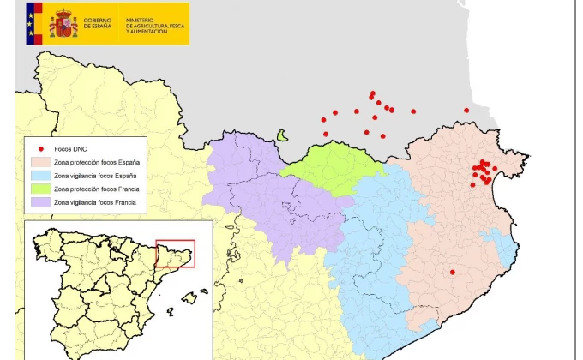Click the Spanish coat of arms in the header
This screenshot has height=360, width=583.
coord(63,23)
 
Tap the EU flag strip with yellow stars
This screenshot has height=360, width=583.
coord(33,23)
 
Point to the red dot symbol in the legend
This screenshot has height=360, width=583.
coord(40,148)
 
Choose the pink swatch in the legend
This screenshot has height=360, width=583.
coord(40,162)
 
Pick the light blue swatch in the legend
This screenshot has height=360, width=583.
coord(40,175)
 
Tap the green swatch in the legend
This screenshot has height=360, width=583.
coord(40,189)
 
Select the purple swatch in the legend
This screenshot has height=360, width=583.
coord(40,202)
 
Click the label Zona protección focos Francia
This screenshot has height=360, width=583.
coord(96,189)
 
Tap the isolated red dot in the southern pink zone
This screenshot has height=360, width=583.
coord(453,273)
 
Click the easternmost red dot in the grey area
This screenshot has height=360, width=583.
coord(466,110)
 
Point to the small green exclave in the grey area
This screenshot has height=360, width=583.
coord(282,135)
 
